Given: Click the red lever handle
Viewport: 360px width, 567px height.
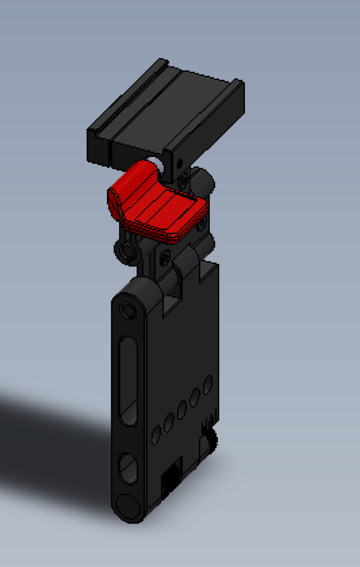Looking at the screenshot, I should tap(159, 210).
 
